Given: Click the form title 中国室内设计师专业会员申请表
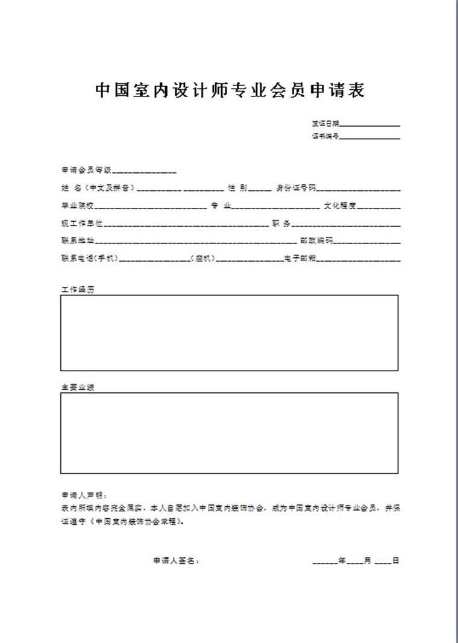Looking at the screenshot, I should click(x=230, y=91).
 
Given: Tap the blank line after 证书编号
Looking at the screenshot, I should click(x=370, y=138).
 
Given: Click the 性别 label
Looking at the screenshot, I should click(x=237, y=188).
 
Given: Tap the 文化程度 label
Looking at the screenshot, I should click(x=340, y=205).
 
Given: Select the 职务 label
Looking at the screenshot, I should click(x=281, y=224).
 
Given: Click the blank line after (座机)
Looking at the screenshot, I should click(x=250, y=260).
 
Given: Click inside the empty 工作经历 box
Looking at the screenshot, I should click(x=229, y=332).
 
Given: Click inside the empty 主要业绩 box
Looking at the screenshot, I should click(x=229, y=433).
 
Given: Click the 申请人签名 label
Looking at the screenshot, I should click(x=175, y=560).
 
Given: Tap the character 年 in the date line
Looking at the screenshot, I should click(x=341, y=560).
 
